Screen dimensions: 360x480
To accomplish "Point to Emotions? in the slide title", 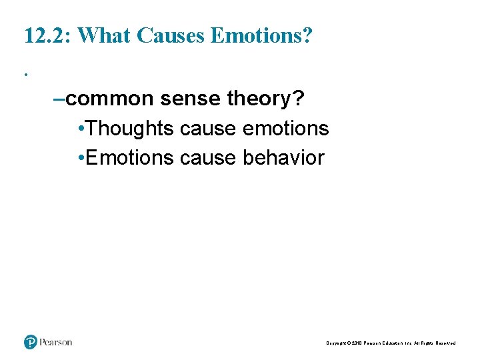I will click(261, 36).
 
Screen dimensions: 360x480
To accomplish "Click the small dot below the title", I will click(26, 74).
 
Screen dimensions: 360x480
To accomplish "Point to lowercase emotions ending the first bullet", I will click(285, 128).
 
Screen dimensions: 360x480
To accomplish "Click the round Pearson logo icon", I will click(31, 342).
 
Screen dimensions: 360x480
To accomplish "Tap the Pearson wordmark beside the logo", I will click(56, 342).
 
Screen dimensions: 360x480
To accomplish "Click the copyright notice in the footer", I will click(391, 343).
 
